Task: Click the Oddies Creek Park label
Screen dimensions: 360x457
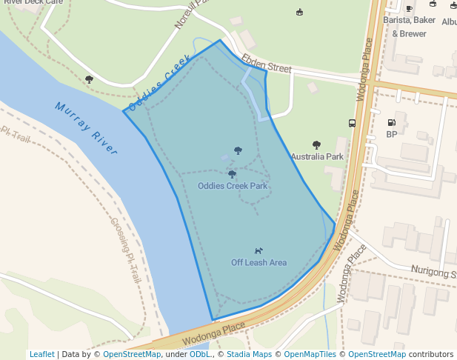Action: tap(233, 186)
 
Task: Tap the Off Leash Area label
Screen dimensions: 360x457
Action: tap(258, 262)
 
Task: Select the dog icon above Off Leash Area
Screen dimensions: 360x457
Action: tap(258, 250)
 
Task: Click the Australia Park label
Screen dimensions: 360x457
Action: tap(317, 157)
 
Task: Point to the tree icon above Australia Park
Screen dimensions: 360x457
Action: tap(317, 145)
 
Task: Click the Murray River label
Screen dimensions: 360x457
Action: tap(86, 128)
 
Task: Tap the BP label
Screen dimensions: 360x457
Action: tap(392, 134)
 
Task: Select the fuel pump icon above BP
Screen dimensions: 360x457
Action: tap(391, 122)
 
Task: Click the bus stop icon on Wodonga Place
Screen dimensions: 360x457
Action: tap(352, 124)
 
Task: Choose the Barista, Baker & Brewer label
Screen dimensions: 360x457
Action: tap(409, 27)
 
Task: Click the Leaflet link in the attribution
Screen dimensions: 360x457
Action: tap(41, 354)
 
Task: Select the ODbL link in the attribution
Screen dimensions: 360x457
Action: tap(200, 354)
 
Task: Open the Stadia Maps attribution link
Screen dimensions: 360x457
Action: tap(249, 354)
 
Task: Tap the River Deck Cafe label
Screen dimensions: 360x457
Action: tap(33, 2)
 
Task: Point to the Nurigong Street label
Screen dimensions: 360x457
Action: tap(433, 273)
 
